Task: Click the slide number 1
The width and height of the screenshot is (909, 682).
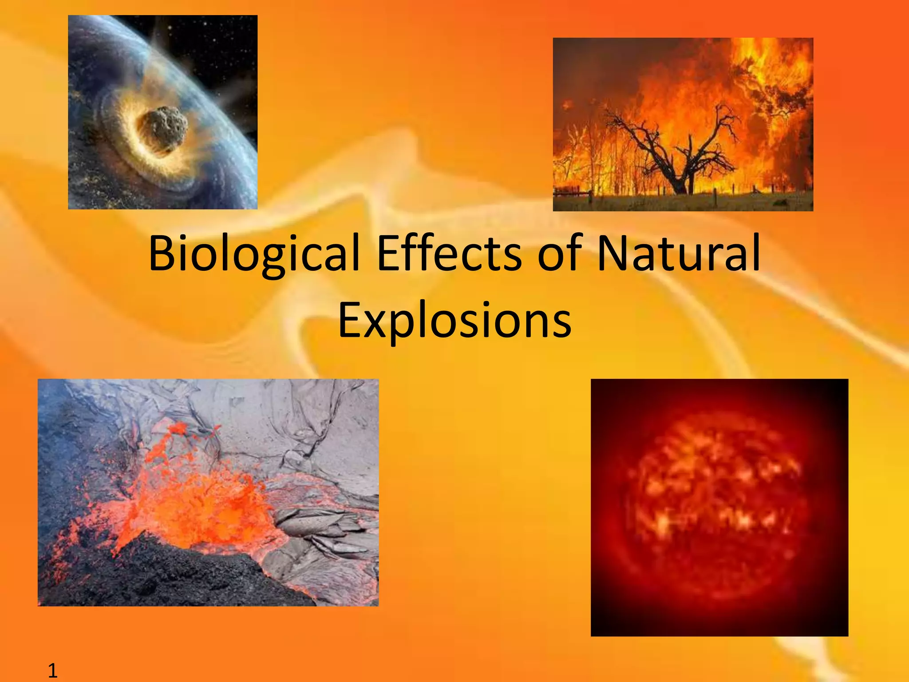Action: (x=52, y=670)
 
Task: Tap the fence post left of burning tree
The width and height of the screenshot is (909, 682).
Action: (x=590, y=197)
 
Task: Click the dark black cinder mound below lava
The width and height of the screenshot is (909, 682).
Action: (x=178, y=577)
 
